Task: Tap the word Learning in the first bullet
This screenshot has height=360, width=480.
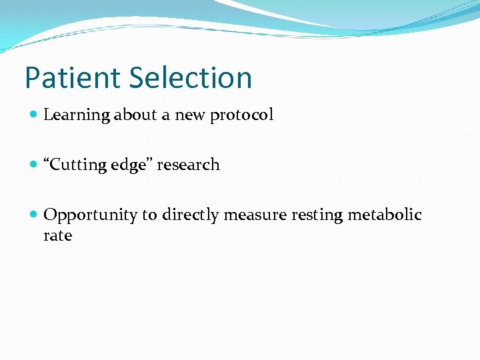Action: coord(76,115)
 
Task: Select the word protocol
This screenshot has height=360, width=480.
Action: coord(242,115)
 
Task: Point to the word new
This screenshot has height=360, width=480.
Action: coord(191,115)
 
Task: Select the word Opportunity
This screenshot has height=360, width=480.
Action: coord(90,215)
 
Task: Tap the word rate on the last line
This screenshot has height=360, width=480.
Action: coord(57,235)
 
